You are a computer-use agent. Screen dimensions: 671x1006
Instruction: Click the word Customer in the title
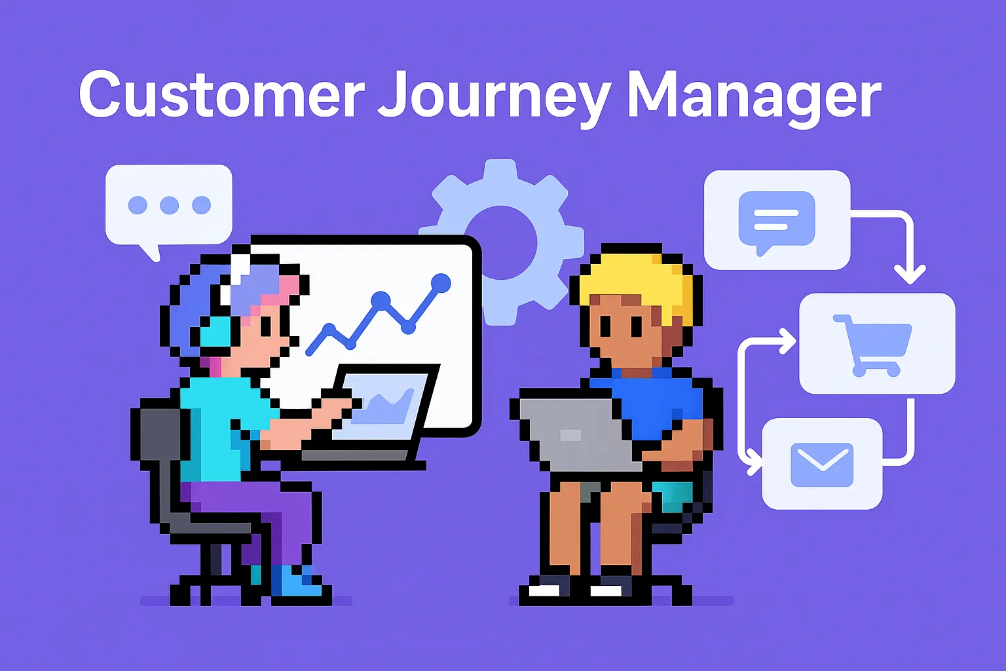tap(221, 96)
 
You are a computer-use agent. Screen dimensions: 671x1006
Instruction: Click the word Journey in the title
tap(495, 98)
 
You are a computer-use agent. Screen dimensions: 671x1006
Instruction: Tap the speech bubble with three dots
tap(169, 205)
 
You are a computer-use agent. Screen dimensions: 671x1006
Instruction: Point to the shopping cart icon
tap(873, 344)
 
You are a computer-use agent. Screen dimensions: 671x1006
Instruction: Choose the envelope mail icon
tap(822, 464)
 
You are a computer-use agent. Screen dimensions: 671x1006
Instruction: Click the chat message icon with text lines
tap(777, 220)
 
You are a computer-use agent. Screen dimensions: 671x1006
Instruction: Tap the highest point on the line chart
tap(441, 283)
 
